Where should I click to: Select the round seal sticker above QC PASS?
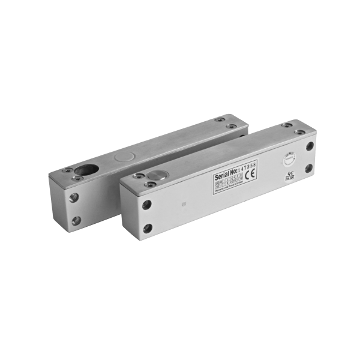pos(289,158)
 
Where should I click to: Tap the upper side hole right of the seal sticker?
pos(309,145)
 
